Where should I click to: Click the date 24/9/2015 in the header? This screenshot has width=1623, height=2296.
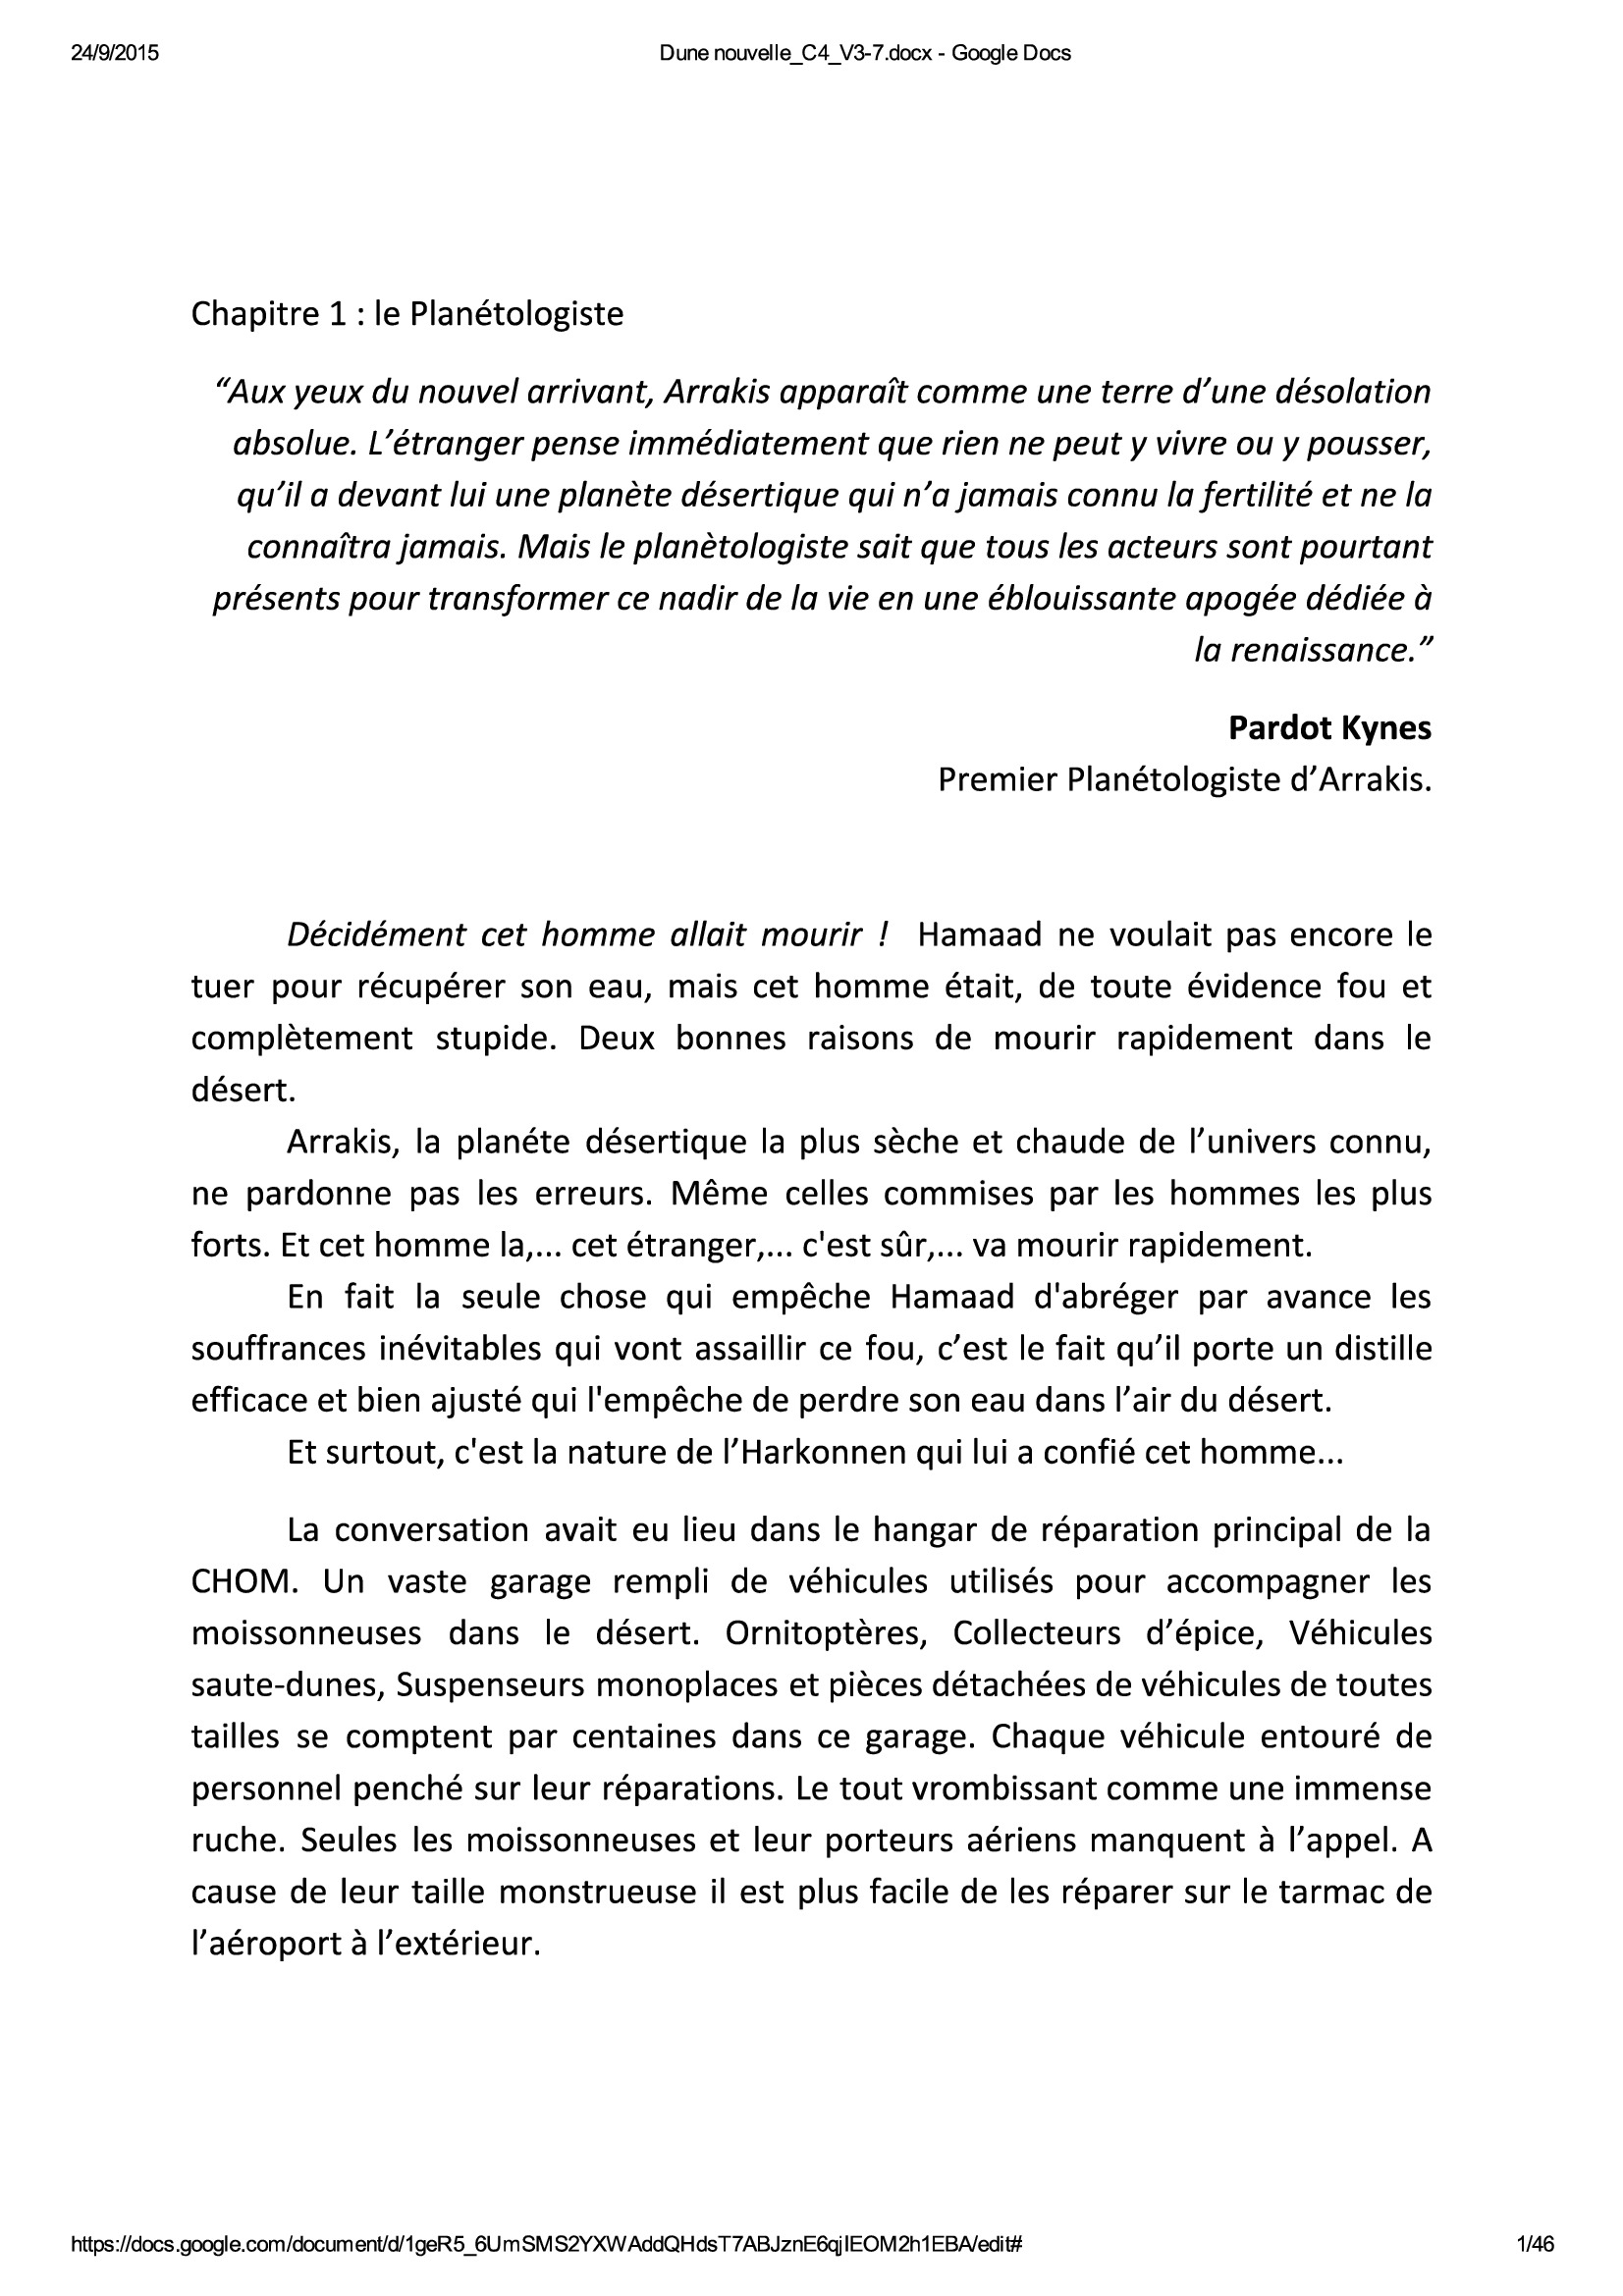(x=115, y=54)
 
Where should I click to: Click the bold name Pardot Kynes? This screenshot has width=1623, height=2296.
(x=1329, y=728)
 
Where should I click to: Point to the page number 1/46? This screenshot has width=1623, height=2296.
(x=1535, y=2245)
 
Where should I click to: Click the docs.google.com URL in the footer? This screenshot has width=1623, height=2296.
(x=546, y=2245)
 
